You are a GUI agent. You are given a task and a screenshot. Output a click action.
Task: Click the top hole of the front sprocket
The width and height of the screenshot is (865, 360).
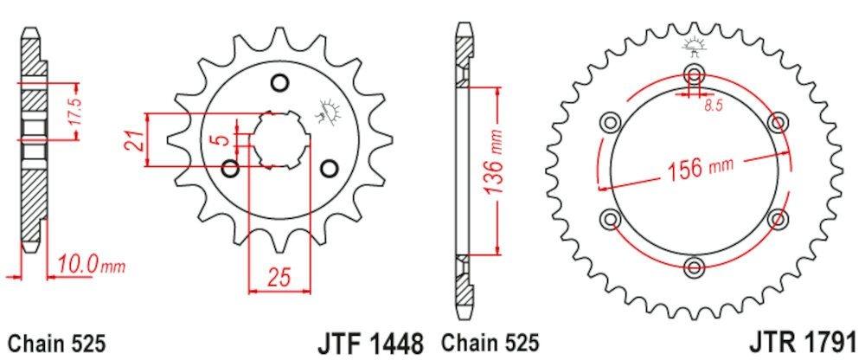(279, 83)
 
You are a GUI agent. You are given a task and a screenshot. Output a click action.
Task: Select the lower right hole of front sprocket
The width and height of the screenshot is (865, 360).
(329, 167)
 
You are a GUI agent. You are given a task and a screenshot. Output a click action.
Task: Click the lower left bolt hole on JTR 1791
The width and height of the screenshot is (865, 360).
(612, 216)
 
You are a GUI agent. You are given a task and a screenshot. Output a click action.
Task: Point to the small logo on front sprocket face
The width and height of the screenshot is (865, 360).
(330, 109)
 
